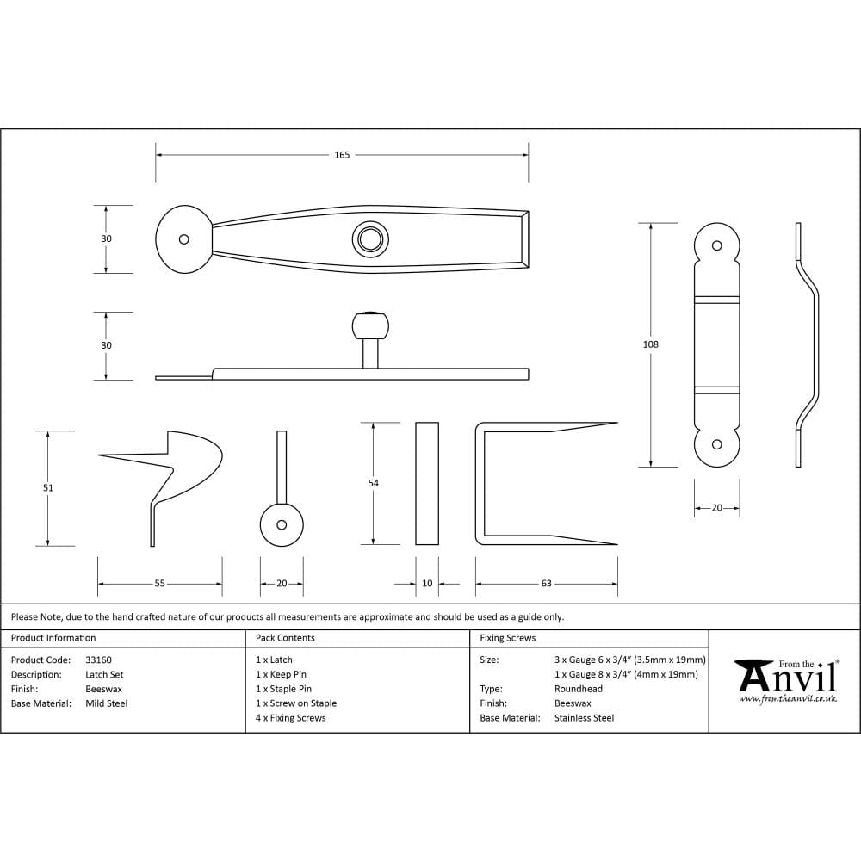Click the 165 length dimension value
pos(342,155)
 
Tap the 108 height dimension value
pos(650,344)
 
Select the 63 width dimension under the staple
pos(546,584)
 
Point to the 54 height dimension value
pos(373,483)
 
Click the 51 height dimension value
pos(48,488)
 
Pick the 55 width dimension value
pos(159,584)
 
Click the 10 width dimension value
pos(427,584)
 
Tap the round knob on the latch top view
pos(370,240)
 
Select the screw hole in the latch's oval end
pos(183,239)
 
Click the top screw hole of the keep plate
pos(716,245)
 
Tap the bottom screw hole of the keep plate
pos(716,444)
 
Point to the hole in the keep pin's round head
pos(282,524)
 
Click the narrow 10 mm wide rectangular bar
pos(427,483)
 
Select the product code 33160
pos(98,660)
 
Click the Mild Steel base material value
pos(106,703)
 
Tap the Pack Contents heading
pos(285,638)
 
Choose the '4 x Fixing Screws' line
pos(291,718)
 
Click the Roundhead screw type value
pos(579,689)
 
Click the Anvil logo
pos(785,680)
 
